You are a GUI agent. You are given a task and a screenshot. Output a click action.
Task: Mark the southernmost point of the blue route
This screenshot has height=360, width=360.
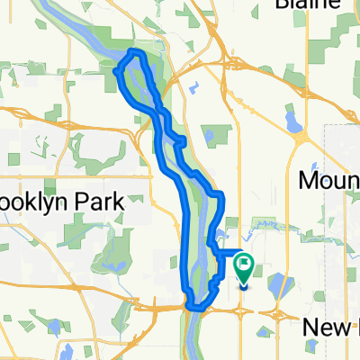[x=192, y=306]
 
